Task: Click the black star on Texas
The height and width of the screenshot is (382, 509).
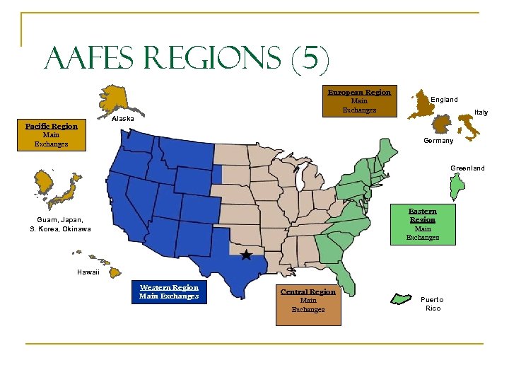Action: point(246,255)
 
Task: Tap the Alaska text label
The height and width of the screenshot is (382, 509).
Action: point(123,119)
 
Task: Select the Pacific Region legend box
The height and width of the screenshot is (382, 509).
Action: point(52,135)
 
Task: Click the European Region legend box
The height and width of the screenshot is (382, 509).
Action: point(359,101)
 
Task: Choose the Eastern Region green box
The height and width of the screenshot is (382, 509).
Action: point(423,224)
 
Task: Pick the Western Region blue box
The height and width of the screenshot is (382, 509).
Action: point(169,292)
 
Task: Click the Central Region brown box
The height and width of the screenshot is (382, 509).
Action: point(308,304)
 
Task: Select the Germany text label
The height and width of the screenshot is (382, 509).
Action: point(438,141)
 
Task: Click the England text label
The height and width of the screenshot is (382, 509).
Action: point(444,100)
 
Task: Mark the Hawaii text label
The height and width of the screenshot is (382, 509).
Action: point(88,272)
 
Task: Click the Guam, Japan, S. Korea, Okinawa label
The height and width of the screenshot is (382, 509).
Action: point(60,224)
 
